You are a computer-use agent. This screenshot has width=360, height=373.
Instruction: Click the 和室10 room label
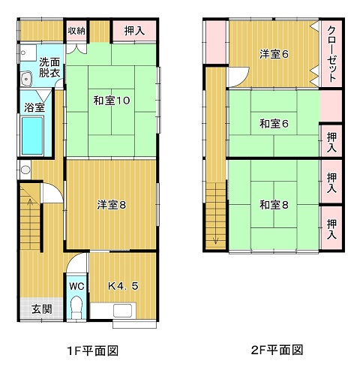[112, 101]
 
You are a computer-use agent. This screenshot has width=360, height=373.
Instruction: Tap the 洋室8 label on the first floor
[112, 205]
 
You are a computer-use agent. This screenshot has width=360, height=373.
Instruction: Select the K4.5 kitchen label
[123, 286]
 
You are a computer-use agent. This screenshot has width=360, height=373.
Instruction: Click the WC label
[76, 286]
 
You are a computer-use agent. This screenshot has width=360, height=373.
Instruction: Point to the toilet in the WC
[76, 307]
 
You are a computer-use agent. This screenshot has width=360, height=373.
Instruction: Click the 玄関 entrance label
[42, 309]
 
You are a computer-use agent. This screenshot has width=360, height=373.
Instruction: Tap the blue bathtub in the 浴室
[32, 136]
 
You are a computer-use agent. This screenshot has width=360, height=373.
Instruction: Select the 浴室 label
[34, 107]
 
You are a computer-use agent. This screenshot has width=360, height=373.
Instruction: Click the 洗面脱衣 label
[49, 68]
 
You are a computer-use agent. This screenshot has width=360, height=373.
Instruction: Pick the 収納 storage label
[76, 31]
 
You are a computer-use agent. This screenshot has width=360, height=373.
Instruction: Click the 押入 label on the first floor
[134, 31]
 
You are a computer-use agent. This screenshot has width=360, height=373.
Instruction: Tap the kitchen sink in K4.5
[122, 311]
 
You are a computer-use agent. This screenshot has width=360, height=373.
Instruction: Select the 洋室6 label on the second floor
[274, 54]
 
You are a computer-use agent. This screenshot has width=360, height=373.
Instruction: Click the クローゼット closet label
[331, 54]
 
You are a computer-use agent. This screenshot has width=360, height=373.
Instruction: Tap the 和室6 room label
[274, 124]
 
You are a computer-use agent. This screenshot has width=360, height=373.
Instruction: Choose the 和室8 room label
[274, 205]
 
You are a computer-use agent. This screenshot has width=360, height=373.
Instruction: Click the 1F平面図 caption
[93, 350]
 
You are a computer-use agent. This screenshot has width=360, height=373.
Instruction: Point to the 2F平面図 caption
[277, 350]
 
